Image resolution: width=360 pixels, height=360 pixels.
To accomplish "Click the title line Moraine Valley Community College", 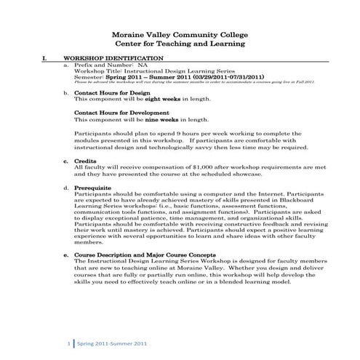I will (179, 34).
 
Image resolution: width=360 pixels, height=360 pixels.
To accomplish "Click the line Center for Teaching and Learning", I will (179, 44).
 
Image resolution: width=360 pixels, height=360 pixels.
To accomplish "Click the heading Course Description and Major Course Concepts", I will (145, 256).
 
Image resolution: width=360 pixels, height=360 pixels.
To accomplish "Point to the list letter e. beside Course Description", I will (66, 256).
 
